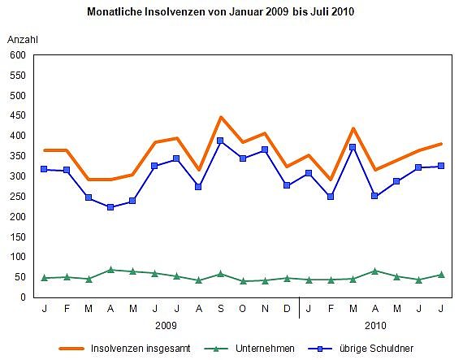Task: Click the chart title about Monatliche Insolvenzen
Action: coord(220,13)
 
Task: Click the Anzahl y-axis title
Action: coord(23,39)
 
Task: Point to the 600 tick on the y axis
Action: coord(17,55)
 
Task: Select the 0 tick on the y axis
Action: coord(24,297)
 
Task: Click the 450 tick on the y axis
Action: coord(17,115)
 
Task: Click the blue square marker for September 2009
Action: coord(220,141)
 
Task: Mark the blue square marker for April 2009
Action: coord(110,207)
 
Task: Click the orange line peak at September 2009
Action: coord(220,117)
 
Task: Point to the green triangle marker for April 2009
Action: coord(110,269)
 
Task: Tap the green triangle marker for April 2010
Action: coord(374,271)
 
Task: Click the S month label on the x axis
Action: coord(220,309)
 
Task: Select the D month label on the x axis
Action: coord(286,309)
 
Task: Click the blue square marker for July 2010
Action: coord(441,166)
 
